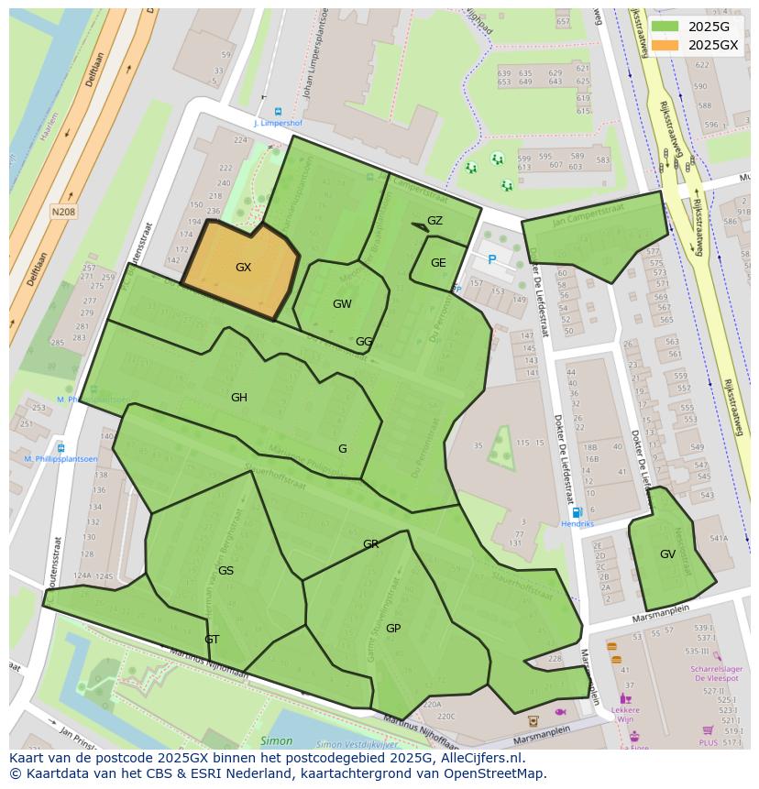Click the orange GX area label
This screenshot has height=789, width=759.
(x=243, y=268)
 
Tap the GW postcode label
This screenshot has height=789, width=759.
(x=342, y=304)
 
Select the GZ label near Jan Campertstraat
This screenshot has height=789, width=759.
(x=434, y=221)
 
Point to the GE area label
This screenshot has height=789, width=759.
(x=438, y=263)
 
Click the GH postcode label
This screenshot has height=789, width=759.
(x=239, y=398)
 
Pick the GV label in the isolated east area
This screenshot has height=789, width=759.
(x=667, y=554)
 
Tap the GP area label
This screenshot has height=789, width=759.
(x=393, y=629)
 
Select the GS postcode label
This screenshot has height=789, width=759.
(x=225, y=571)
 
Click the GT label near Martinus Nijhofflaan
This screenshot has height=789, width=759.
(x=212, y=640)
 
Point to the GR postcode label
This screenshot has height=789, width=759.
(x=370, y=544)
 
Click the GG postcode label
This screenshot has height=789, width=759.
(x=364, y=342)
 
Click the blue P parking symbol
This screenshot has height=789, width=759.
(x=492, y=260)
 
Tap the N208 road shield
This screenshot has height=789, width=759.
(x=63, y=212)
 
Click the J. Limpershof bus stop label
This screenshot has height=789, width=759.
(x=277, y=122)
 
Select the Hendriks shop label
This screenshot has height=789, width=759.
(x=577, y=524)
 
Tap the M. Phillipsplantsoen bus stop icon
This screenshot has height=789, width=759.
(x=60, y=448)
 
